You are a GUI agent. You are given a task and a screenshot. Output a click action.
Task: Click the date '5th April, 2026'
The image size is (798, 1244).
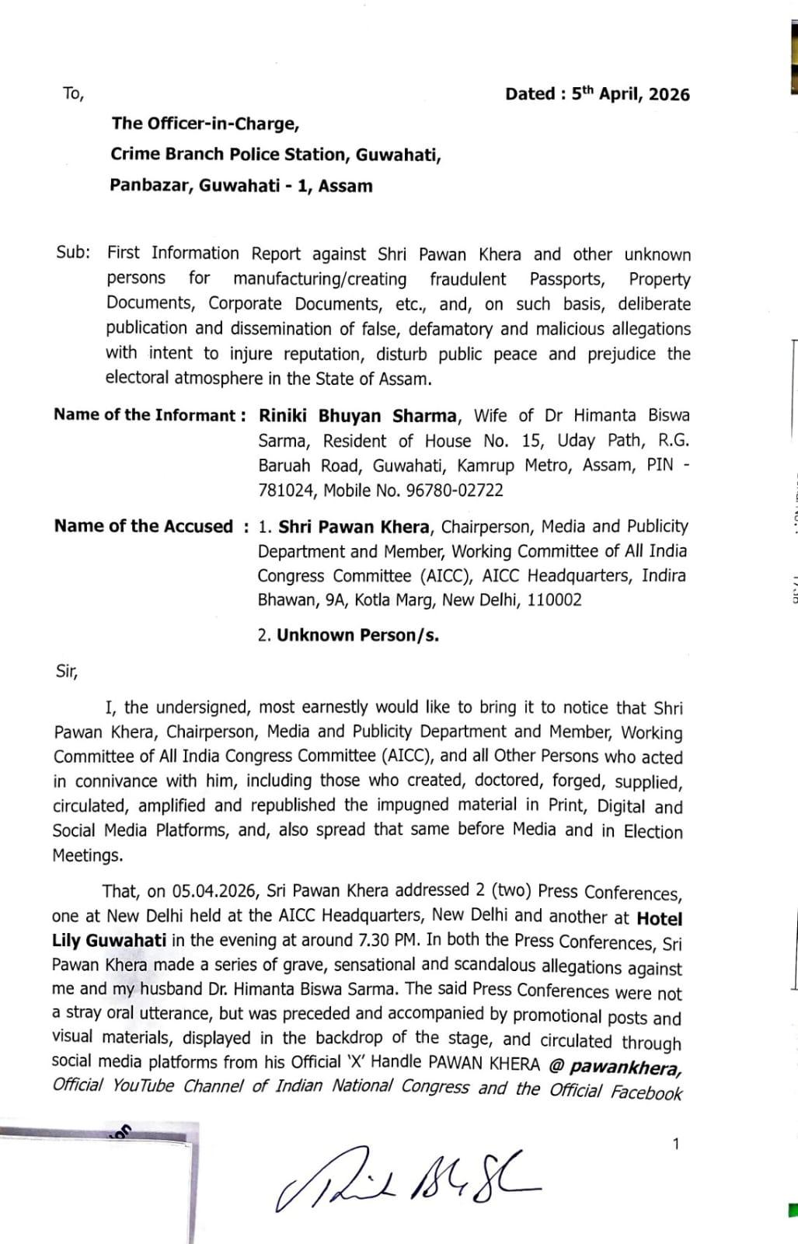point(630,94)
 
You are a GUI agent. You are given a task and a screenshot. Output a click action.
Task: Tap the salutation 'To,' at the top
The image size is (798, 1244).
point(73,94)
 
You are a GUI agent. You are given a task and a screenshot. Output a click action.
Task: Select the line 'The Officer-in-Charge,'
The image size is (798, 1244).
point(205,124)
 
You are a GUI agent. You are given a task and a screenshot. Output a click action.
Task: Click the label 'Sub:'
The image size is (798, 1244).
point(73,253)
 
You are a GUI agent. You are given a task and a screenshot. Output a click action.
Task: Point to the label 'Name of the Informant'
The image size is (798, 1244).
point(144,415)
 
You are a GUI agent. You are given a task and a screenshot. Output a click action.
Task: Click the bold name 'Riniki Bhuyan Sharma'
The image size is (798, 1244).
point(358,416)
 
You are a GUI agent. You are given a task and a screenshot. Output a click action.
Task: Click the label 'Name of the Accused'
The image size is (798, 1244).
point(143,526)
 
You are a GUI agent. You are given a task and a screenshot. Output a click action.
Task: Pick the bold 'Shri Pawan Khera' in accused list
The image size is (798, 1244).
point(354,527)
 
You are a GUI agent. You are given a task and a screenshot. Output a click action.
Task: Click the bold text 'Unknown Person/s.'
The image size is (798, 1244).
point(358,635)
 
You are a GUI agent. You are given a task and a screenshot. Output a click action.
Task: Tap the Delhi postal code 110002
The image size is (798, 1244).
point(555,600)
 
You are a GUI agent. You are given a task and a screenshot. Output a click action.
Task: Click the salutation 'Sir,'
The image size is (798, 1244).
point(67,671)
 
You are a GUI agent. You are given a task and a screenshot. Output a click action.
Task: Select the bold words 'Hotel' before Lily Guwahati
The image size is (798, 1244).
point(659,918)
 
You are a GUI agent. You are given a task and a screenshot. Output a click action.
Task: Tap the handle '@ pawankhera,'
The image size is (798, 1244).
point(615,1065)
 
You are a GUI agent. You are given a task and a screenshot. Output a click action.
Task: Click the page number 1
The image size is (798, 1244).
point(675,1144)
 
